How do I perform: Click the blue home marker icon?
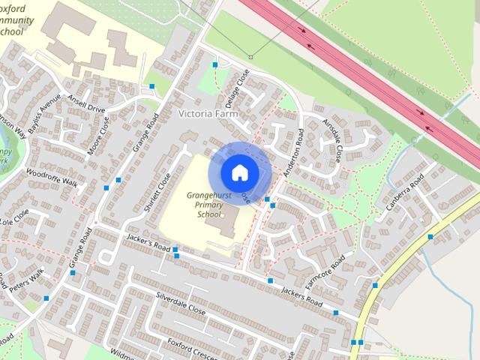pyautogui.click(x=238, y=172)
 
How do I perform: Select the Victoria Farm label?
pyautogui.click(x=208, y=114)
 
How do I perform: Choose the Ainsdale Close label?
pyautogui.click(x=332, y=139)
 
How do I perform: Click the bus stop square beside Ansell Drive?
pyautogui.click(x=152, y=87)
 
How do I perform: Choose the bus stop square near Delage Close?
pyautogui.click(x=215, y=65)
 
